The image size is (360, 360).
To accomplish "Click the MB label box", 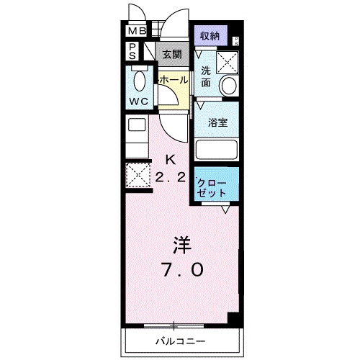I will click(x=136, y=32).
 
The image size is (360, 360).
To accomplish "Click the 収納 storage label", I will click(x=210, y=35).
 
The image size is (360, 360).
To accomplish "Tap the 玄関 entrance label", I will click(x=171, y=54).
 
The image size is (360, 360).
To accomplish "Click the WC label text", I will click(x=139, y=102).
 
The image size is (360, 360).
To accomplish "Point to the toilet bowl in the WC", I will click(x=139, y=80).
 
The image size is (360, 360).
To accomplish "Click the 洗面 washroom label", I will click(x=207, y=76).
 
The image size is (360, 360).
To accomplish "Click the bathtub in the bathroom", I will click(x=216, y=150).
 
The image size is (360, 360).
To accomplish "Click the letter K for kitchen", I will click(x=171, y=159).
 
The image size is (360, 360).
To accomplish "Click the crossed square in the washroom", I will click(x=228, y=63).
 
